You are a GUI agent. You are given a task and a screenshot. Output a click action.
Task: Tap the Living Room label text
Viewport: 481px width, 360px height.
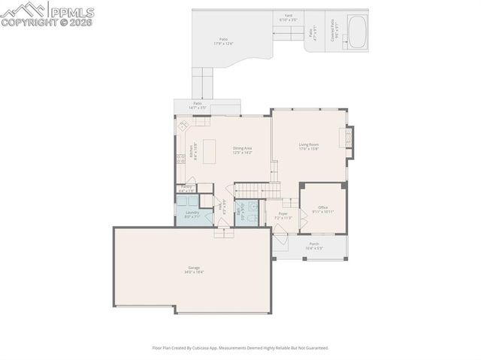(x=309, y=147)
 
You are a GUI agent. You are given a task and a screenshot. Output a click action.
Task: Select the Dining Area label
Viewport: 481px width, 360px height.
(x=241, y=150)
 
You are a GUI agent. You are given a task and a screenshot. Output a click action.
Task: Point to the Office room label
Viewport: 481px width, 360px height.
(x=323, y=210)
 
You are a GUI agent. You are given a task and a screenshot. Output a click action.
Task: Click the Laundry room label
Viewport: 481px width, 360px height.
(x=192, y=215)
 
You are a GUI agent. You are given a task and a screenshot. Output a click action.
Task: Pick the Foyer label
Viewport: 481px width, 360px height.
(x=283, y=216)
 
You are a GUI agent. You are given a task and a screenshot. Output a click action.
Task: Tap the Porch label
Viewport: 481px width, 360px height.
(x=314, y=245)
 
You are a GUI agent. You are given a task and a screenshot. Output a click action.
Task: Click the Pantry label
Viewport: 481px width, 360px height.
(x=186, y=188)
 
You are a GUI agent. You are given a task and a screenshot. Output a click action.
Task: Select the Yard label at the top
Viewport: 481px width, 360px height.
(x=289, y=18)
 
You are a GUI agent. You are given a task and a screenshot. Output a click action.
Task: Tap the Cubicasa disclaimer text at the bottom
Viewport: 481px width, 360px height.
(x=240, y=348)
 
